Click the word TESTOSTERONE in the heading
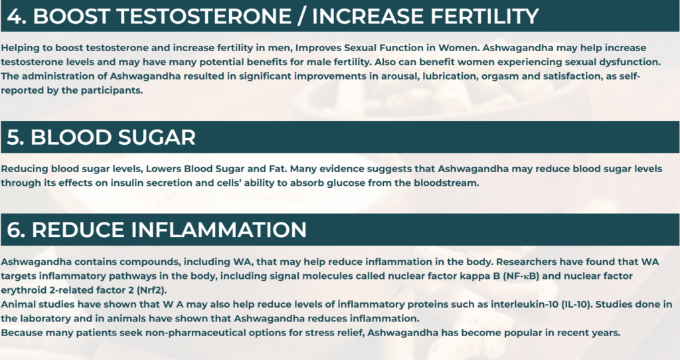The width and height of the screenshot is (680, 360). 205,17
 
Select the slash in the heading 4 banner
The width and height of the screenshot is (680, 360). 302,17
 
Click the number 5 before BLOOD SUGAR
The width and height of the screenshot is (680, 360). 15,137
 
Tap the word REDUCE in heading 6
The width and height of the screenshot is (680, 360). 78,230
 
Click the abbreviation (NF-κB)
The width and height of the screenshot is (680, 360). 521,276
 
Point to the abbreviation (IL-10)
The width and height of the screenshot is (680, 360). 576,304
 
